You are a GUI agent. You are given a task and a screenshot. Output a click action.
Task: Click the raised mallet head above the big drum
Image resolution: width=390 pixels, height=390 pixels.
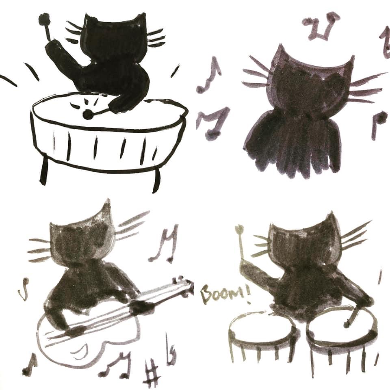[x=44, y=18]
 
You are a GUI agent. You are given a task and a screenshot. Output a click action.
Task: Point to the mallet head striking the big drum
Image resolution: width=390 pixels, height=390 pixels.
[x=87, y=114]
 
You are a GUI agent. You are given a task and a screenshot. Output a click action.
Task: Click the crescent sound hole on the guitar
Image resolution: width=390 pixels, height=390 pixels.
[x=79, y=350]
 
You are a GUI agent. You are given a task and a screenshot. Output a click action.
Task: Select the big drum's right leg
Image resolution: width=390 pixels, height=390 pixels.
[x=156, y=180]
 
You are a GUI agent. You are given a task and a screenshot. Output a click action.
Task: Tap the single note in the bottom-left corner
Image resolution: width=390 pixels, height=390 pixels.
[x=29, y=364]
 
